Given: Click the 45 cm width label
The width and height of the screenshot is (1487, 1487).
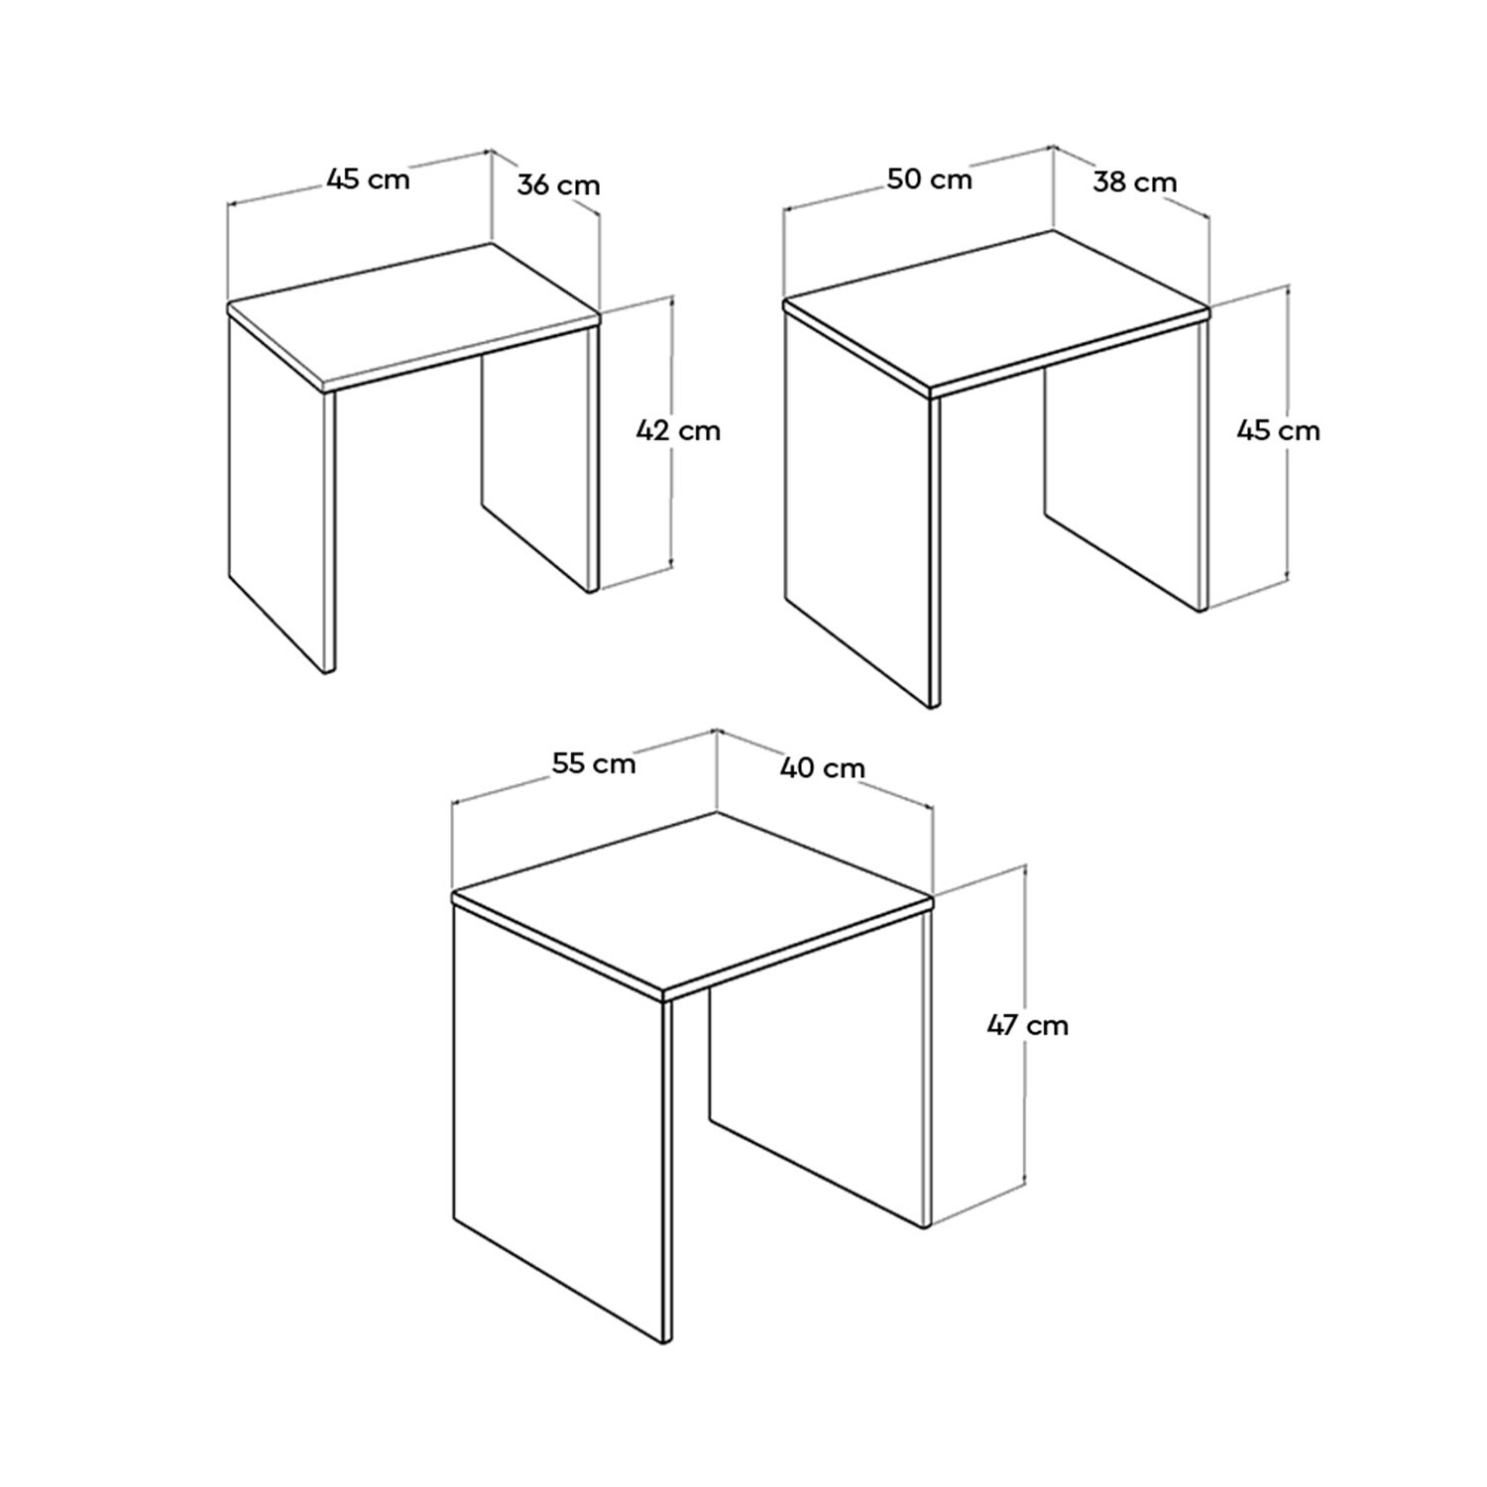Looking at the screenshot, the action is pos(368,178).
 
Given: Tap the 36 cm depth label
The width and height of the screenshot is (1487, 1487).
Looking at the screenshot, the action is pos(558,184).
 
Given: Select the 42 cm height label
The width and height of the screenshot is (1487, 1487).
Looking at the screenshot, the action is pos(678,430).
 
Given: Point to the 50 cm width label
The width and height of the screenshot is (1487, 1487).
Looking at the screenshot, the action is pos(929,178).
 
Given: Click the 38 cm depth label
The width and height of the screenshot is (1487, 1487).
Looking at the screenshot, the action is pos(1135,182).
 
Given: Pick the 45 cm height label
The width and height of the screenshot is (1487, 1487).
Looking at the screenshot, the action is pos(1278,430).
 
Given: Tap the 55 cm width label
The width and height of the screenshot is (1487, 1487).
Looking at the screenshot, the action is pos(594,763).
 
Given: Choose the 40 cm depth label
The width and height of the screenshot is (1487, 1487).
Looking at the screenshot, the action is pos(823,767).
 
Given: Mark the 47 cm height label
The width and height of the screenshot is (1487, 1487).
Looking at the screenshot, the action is pos(1028,1025).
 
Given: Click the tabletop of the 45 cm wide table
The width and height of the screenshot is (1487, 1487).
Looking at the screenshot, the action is pos(414,315).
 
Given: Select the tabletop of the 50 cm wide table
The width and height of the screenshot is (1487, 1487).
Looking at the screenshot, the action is pos(996,310).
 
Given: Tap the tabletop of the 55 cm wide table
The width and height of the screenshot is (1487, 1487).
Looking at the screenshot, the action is pos(692,902).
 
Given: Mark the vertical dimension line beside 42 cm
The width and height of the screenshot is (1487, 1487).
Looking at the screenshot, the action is pos(672,432).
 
